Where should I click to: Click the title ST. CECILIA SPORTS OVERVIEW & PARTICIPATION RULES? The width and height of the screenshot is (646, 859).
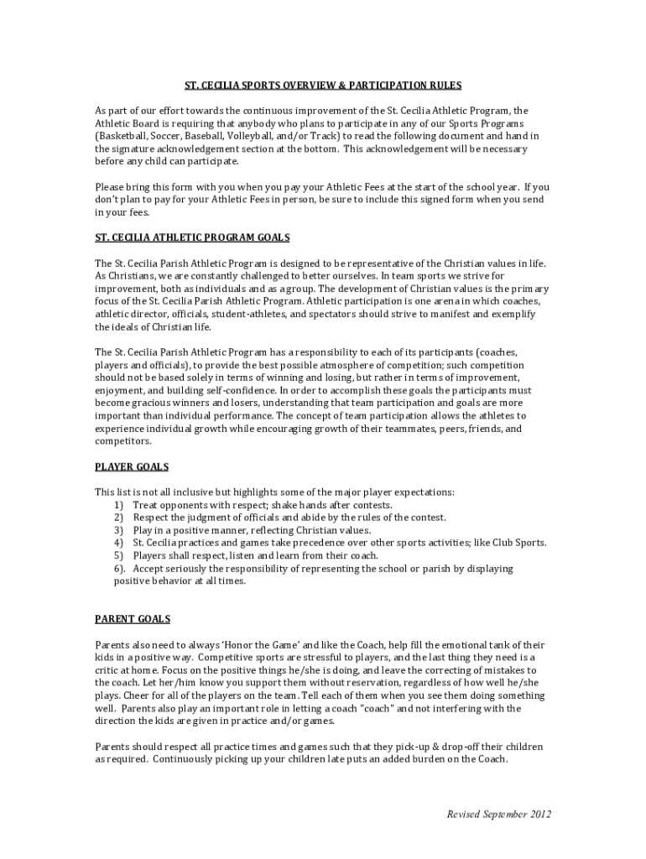pyautogui.click(x=323, y=86)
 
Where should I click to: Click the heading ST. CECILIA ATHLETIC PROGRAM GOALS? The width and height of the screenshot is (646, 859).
pyautogui.click(x=192, y=238)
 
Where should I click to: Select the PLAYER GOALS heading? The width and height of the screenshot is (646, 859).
pyautogui.click(x=132, y=466)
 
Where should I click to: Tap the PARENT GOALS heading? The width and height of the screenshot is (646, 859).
pyautogui.click(x=133, y=619)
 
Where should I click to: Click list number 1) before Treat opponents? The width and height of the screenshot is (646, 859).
pyautogui.click(x=118, y=505)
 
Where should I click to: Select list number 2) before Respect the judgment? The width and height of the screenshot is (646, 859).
pyautogui.click(x=118, y=518)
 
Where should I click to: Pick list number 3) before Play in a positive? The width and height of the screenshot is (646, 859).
pyautogui.click(x=118, y=530)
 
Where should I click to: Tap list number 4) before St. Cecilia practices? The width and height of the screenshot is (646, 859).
pyautogui.click(x=118, y=543)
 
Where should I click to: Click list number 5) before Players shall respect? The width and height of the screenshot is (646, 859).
pyautogui.click(x=118, y=555)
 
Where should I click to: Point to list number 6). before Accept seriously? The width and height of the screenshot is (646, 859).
pyautogui.click(x=120, y=568)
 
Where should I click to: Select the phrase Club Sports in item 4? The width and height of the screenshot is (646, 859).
pyautogui.click(x=517, y=543)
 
